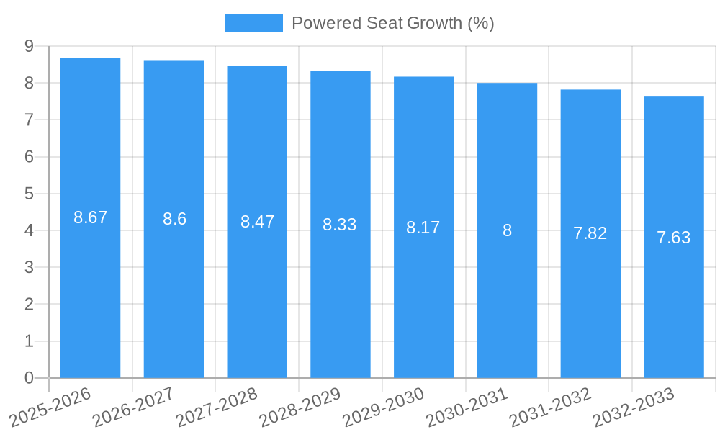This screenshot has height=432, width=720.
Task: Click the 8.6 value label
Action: click(174, 220)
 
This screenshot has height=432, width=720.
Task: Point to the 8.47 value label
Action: click(257, 222)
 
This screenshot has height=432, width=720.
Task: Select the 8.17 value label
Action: click(423, 228)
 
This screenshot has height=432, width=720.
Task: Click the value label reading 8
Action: click(507, 230)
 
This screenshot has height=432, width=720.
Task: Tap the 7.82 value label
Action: click(590, 233)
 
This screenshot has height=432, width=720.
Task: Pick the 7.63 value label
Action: click(674, 238)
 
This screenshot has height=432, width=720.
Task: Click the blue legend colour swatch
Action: click(253, 23)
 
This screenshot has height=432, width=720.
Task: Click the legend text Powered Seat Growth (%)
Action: click(392, 23)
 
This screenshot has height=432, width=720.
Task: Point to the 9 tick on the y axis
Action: click(29, 46)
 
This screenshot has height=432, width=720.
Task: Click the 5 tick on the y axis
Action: click(29, 194)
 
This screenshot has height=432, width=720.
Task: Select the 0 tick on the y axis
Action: click(29, 378)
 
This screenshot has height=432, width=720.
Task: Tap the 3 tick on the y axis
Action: click(29, 267)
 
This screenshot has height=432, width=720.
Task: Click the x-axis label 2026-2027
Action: click(132, 407)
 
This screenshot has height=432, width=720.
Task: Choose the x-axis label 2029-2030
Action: click(383, 407)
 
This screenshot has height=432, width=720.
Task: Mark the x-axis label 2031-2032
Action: click(550, 407)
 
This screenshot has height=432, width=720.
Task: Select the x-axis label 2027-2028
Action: click(216, 407)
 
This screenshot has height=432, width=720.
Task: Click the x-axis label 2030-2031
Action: click(467, 407)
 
